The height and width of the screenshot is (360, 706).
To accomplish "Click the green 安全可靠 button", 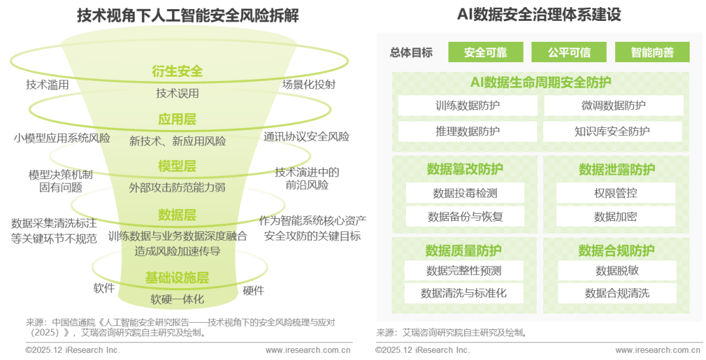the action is point(485,52).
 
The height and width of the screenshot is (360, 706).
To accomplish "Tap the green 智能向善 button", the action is point(652,52).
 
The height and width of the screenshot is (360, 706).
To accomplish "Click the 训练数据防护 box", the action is point(467,106).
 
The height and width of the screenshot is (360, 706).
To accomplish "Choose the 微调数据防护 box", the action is point(613,106).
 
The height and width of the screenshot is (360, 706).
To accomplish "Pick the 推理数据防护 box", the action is point(467,131).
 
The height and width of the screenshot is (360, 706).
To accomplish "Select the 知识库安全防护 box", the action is point(613,131).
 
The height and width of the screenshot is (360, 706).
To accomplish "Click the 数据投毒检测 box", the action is point(465,193).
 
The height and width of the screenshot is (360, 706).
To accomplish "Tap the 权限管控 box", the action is point(616,193).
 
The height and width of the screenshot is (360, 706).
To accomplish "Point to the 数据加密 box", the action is point(616,216).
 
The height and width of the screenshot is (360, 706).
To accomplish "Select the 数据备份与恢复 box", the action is point(465,216).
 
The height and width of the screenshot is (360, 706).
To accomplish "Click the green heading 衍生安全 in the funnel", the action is point(177,71).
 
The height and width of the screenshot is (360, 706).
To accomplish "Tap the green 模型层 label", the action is point(177,166).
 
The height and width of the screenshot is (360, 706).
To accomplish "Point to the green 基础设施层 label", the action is point(177,278).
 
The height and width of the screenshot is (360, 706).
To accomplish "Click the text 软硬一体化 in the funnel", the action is point(177,299).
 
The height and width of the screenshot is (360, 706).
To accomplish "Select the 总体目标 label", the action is point(411,53).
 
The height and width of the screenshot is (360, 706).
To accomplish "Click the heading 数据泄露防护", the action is point(616,170).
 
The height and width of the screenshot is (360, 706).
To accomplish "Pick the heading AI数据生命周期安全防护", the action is point(541,82).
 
